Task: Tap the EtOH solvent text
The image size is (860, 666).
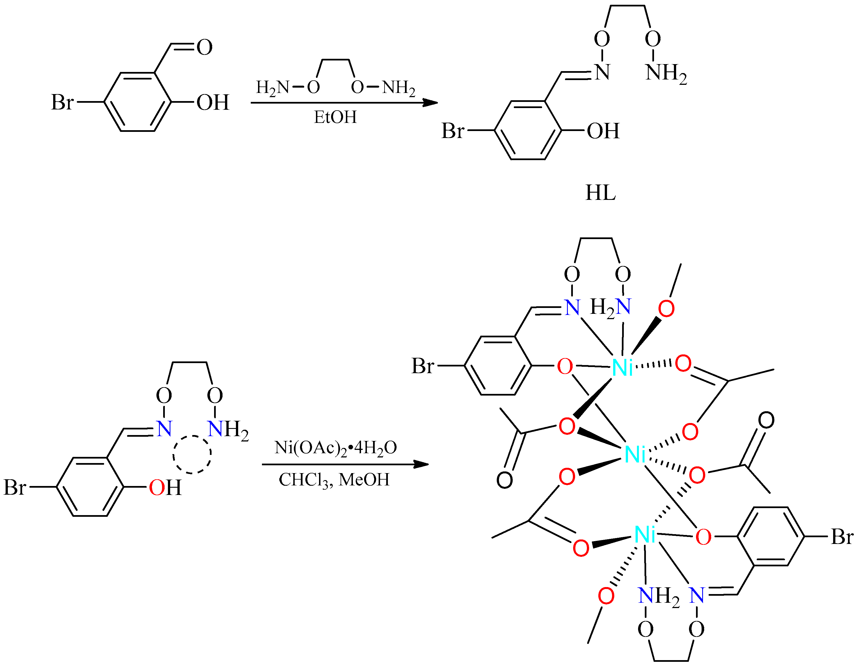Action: tap(335, 117)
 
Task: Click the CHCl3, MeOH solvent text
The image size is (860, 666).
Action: tap(334, 480)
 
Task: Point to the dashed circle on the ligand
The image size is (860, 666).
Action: tap(192, 454)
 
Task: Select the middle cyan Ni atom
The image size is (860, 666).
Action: tap(634, 454)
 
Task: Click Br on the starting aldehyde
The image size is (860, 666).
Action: tap(62, 102)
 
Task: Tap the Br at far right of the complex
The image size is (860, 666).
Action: tap(842, 536)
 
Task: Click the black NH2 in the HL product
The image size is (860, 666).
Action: tap(665, 73)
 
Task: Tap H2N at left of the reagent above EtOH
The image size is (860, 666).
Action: tap(273, 87)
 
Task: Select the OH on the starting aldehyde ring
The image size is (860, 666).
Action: tap(213, 102)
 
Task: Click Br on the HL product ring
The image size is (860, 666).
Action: tap(453, 131)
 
